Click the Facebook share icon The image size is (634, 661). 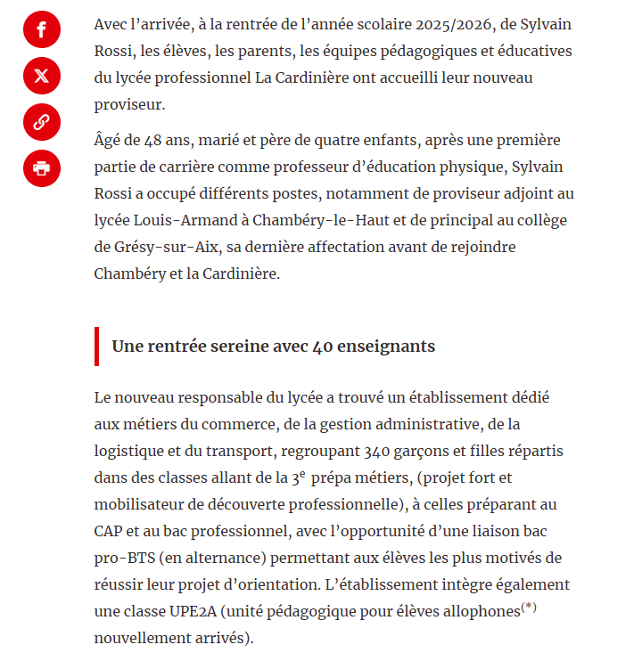[x=41, y=29]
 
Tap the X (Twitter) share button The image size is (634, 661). [x=41, y=76]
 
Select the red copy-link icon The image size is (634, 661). [x=41, y=122]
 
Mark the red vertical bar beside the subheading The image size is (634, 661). [x=96, y=346]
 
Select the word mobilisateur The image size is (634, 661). [x=143, y=504]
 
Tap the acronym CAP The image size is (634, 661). [x=110, y=531]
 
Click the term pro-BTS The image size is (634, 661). [x=124, y=558]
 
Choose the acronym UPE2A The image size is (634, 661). [x=191, y=611]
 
